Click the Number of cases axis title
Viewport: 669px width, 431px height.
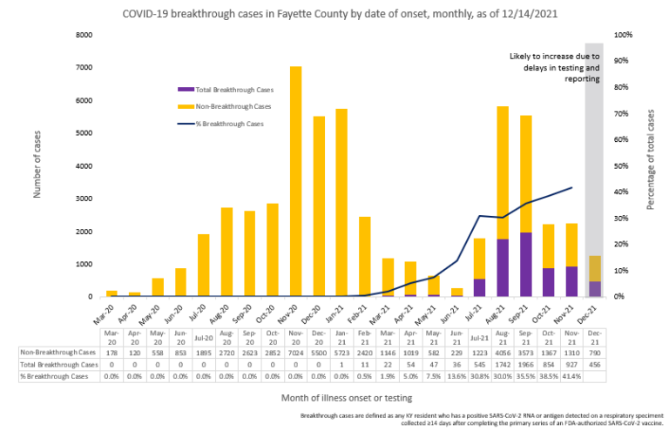[x=37, y=165]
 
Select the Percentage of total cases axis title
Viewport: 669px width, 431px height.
[x=651, y=165]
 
